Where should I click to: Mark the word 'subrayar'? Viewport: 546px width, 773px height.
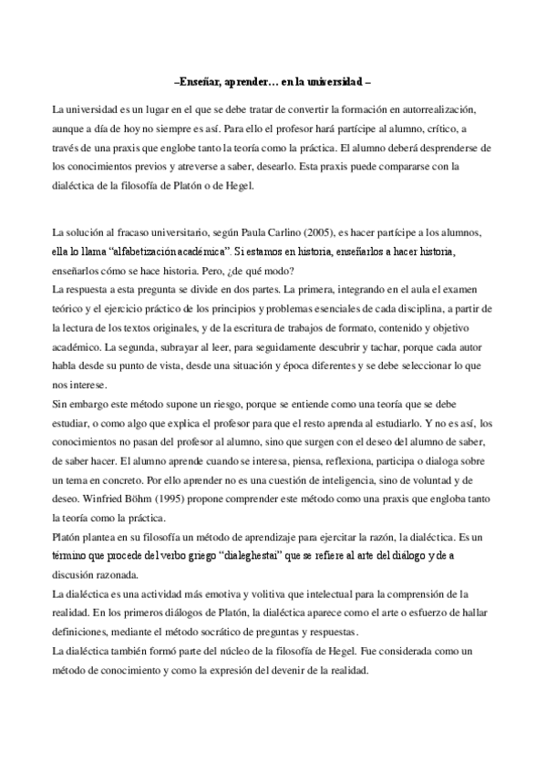188,347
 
